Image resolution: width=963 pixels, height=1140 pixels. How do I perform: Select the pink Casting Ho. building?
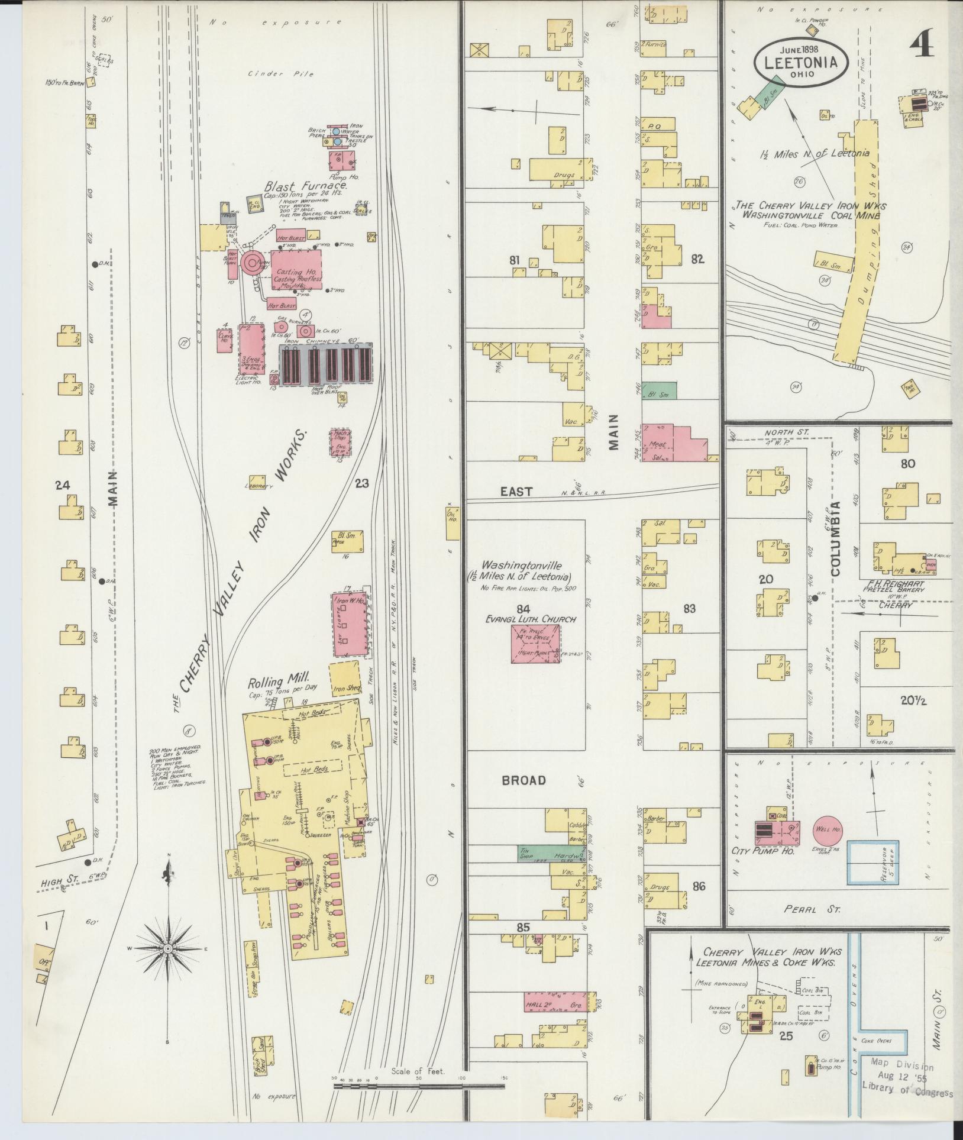(x=297, y=269)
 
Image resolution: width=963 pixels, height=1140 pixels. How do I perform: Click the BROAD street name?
(x=523, y=780)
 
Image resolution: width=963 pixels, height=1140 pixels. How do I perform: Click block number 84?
(x=522, y=609)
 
